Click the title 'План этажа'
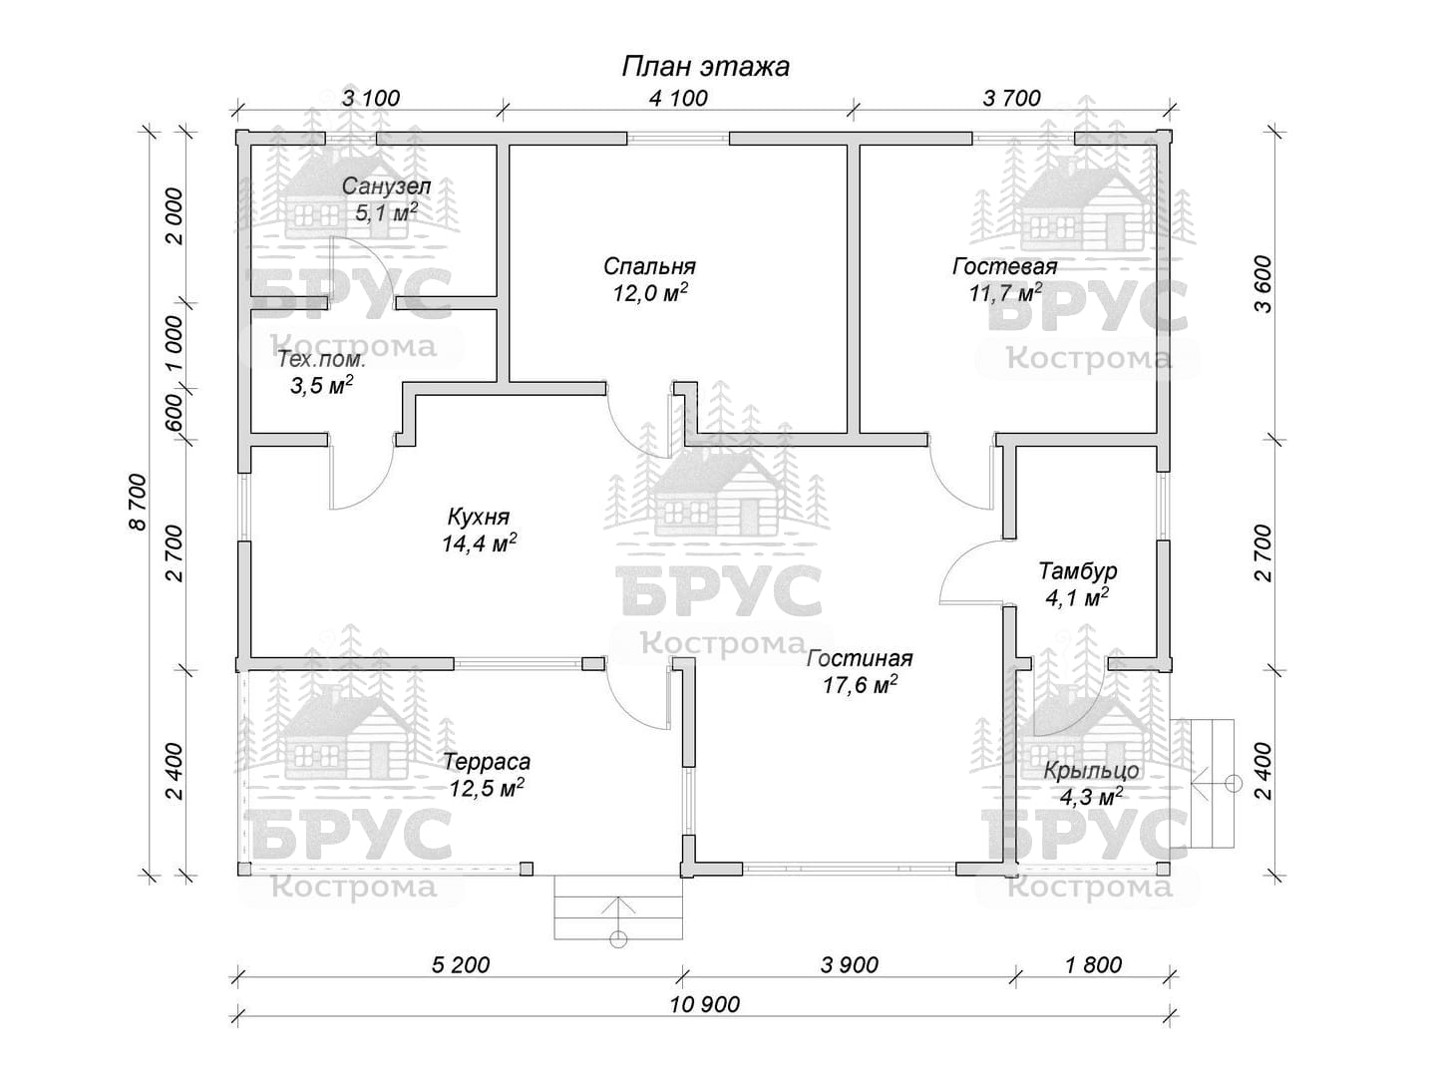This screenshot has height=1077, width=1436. coord(705,67)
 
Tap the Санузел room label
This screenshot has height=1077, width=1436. coord(386,186)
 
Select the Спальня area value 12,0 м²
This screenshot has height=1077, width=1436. coord(650,292)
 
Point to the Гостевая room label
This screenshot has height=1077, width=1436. coord(1005,266)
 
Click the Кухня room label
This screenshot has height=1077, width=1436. coord(479,517)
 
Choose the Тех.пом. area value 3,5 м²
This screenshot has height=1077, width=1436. coord(322,385)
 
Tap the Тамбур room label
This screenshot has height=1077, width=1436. coord(1078,570)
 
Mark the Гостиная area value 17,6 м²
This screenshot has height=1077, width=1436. coord(860,685)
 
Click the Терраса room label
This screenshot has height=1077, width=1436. coord(487,762)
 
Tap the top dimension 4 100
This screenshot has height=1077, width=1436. coord(678,98)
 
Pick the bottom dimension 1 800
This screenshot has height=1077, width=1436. coord(1093,964)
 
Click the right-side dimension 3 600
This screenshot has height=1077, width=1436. coord(1263,284)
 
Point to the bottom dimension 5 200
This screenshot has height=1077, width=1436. coord(461,964)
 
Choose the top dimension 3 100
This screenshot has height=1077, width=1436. coord(371,98)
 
